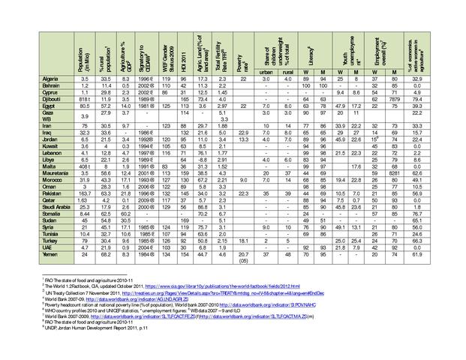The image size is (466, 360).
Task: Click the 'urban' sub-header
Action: coord(267,72)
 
